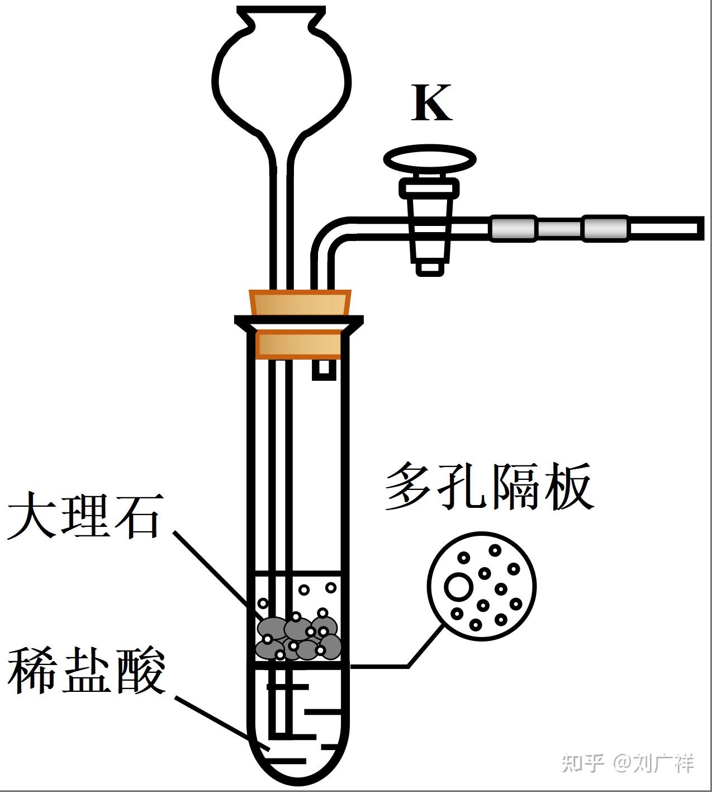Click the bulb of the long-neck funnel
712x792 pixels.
point(282,78)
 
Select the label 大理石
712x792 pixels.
point(84,515)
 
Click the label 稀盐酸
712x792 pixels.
point(87,671)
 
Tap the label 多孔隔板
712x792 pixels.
point(488,486)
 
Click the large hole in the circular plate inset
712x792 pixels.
point(459,587)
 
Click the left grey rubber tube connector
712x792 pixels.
point(514,228)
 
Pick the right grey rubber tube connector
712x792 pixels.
point(605,228)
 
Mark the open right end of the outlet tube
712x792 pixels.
point(699,228)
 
